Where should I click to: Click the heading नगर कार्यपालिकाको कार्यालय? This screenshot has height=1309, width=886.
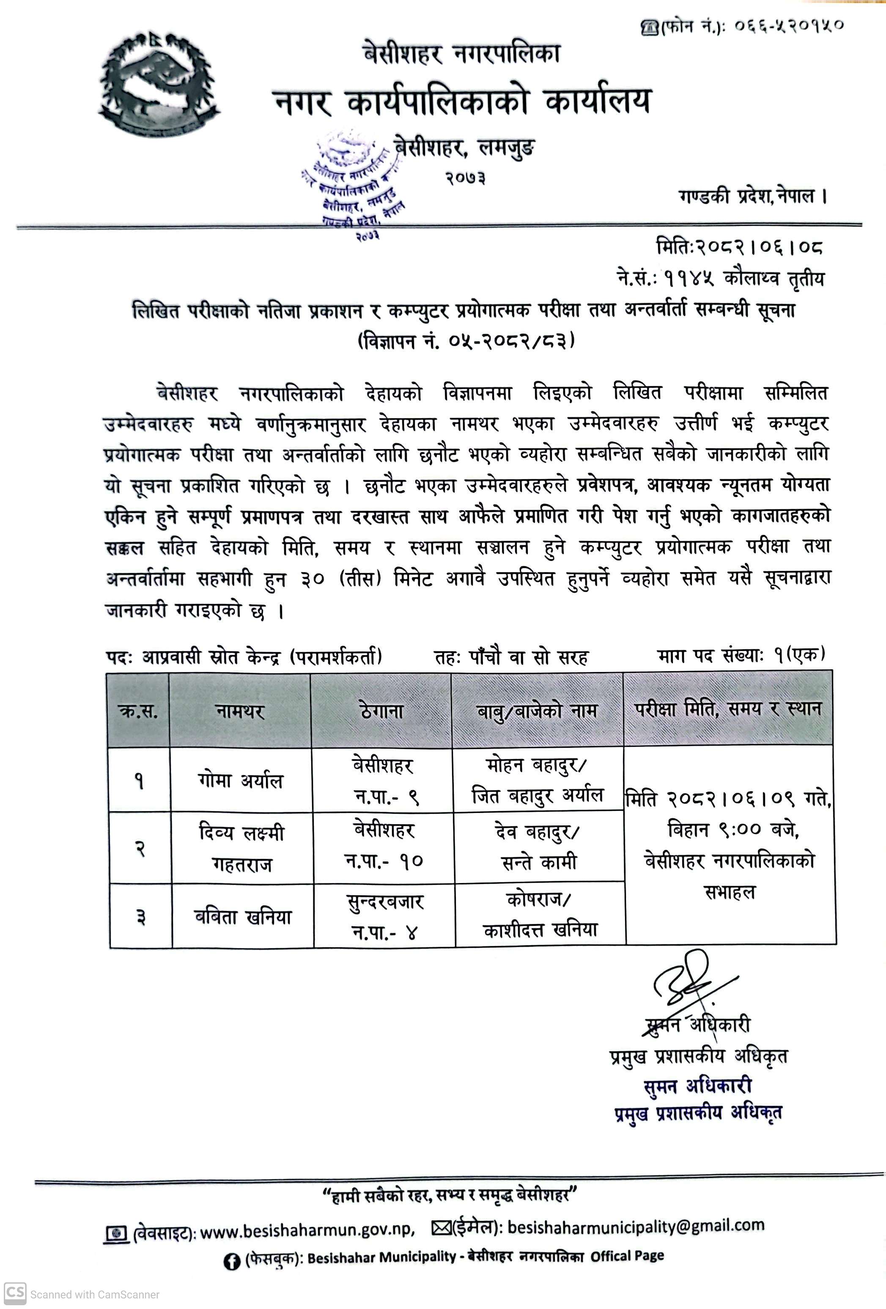(462, 102)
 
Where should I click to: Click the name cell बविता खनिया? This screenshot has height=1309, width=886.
(243, 917)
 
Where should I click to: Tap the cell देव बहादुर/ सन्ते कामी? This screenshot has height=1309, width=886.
(538, 847)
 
